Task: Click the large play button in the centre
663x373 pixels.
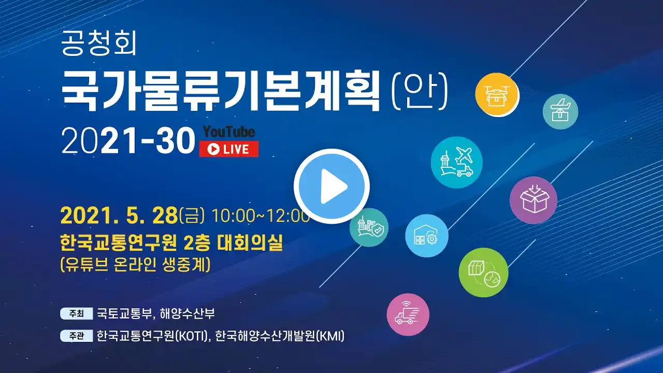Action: (x=331, y=186)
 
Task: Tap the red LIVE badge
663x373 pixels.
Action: (x=228, y=149)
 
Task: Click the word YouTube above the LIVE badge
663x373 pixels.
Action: (x=229, y=132)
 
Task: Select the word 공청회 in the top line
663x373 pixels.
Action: (x=98, y=44)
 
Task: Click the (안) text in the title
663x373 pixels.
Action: (x=420, y=91)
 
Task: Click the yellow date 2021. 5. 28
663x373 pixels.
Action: (x=119, y=216)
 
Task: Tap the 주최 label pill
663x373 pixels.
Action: (x=77, y=313)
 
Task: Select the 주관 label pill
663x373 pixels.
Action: (x=77, y=336)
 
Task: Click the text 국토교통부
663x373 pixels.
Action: (x=124, y=314)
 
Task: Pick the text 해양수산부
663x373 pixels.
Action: (x=187, y=314)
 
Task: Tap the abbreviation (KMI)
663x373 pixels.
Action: (x=330, y=336)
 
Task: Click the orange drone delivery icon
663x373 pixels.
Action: (x=497, y=94)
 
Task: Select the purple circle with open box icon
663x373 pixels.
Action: (x=534, y=200)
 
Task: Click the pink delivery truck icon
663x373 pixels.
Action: (x=408, y=314)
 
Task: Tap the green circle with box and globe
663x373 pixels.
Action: (x=483, y=272)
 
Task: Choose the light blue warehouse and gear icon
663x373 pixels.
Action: (x=426, y=236)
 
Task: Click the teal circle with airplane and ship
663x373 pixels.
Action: (x=457, y=162)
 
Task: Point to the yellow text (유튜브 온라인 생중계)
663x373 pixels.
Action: (x=135, y=264)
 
